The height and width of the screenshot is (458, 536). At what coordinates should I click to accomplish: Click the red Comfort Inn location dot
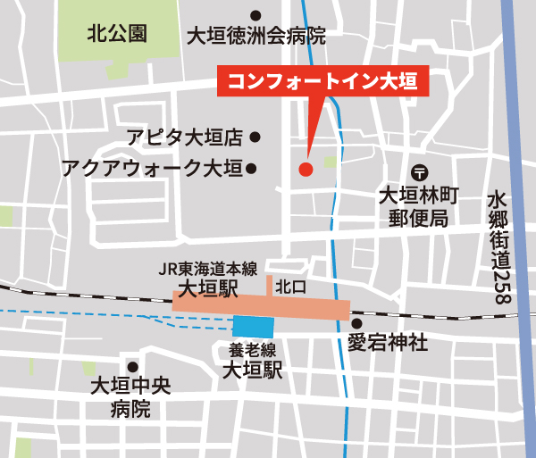pyautogui.click(x=305, y=167)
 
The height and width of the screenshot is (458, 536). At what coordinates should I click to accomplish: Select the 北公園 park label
pyautogui.click(x=117, y=34)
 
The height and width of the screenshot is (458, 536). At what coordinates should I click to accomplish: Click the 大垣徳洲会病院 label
pyautogui.click(x=255, y=36)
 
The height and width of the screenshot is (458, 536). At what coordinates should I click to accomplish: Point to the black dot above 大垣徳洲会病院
pyautogui.click(x=255, y=14)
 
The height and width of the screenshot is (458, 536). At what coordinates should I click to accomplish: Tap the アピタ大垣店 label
pyautogui.click(x=184, y=137)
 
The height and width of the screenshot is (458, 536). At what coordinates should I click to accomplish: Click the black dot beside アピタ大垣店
pyautogui.click(x=255, y=137)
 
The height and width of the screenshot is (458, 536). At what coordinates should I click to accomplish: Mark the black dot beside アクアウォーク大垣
pyautogui.click(x=252, y=167)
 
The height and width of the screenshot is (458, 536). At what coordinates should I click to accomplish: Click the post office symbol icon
pyautogui.click(x=418, y=171)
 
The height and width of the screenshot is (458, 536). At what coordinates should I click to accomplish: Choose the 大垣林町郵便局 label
pyautogui.click(x=419, y=205)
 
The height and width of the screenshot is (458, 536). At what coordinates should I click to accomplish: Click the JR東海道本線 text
pyautogui.click(x=208, y=269)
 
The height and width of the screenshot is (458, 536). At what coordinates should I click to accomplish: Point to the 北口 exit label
pyautogui.click(x=290, y=287)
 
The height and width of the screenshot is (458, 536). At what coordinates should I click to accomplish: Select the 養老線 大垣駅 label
pyautogui.click(x=252, y=360)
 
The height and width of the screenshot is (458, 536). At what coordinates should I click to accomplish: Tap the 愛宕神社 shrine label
pyautogui.click(x=388, y=342)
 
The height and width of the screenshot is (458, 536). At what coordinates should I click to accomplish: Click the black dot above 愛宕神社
pyautogui.click(x=356, y=323)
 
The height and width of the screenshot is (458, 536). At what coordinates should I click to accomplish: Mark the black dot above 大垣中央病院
pyautogui.click(x=132, y=366)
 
